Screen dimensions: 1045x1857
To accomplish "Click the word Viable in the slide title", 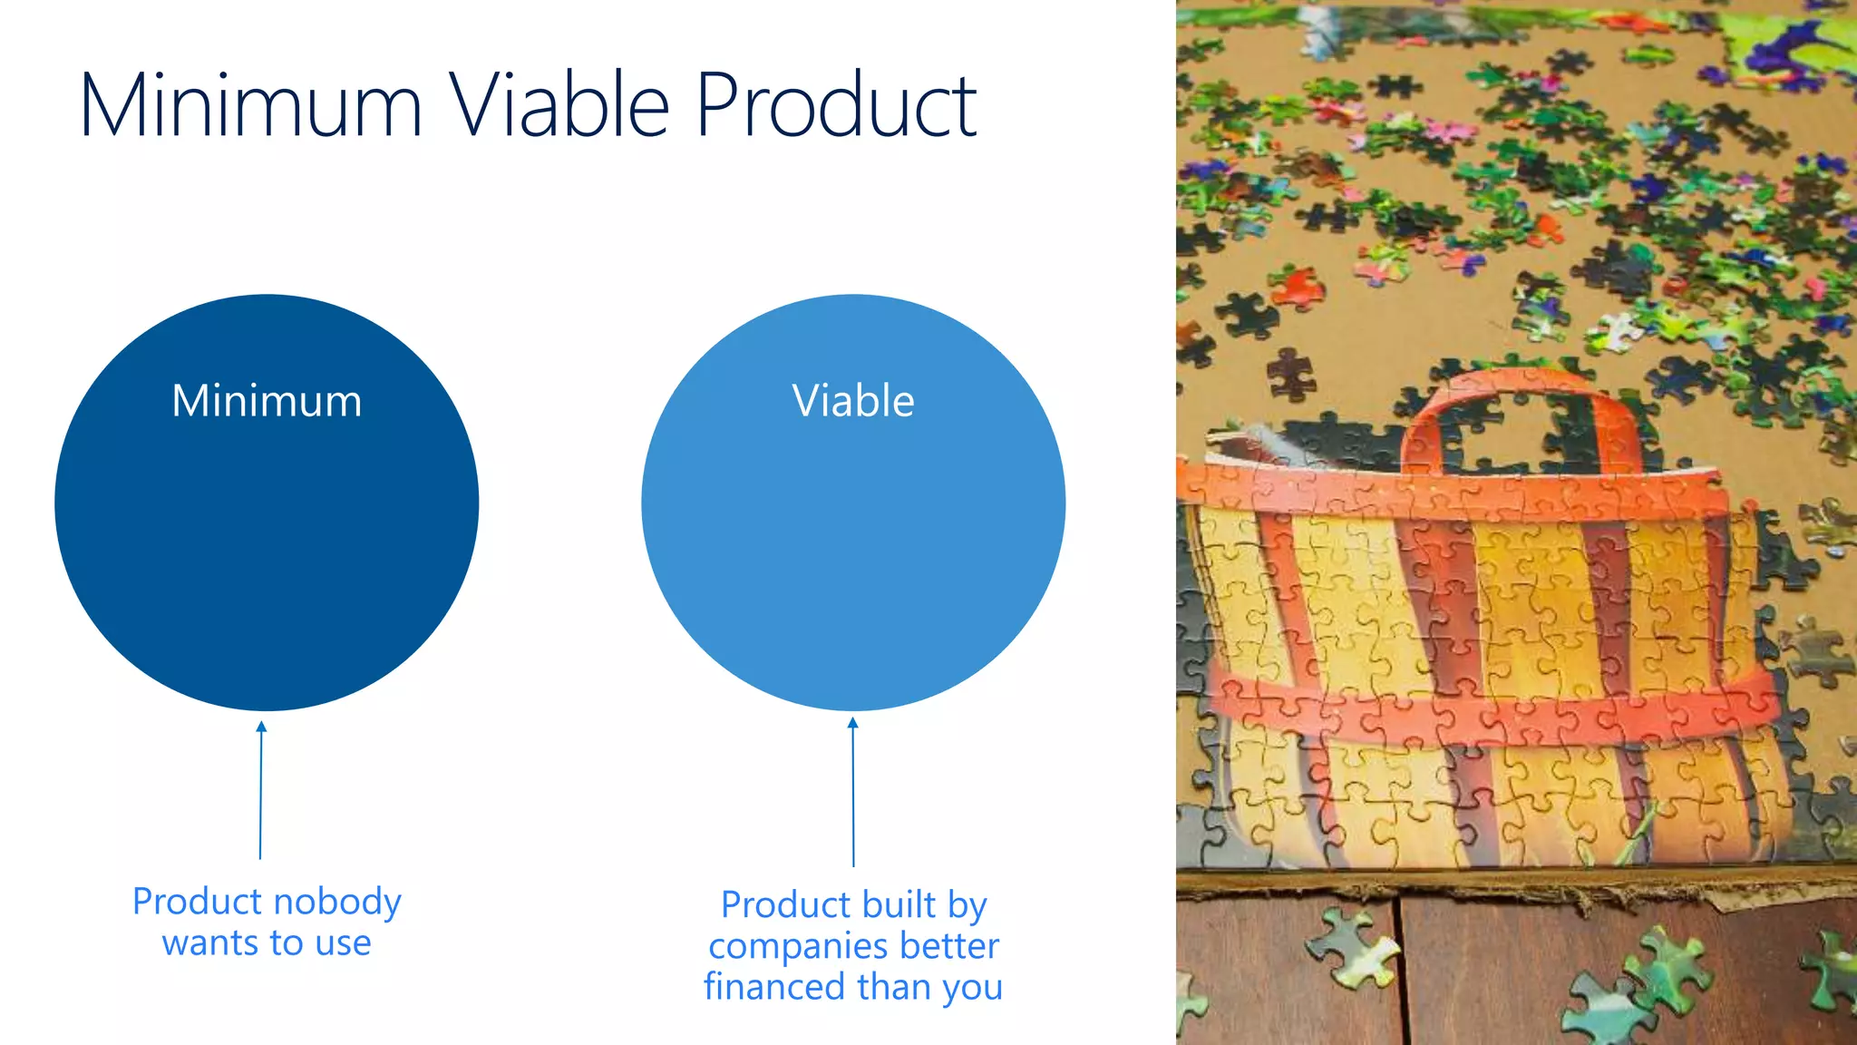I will pyautogui.click(x=559, y=106).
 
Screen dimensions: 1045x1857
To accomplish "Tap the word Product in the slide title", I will pyautogui.click(x=836, y=106).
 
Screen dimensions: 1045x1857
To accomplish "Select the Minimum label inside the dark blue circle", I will pyautogui.click(x=267, y=401).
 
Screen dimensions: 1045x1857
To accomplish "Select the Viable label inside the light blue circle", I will pyautogui.click(x=853, y=401).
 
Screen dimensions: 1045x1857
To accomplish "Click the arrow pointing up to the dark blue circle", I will pyautogui.click(x=261, y=789).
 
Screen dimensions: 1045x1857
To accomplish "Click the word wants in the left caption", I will pyautogui.click(x=209, y=943).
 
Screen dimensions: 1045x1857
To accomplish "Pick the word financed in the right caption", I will pyautogui.click(x=773, y=987).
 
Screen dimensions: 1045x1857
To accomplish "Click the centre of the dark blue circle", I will pyautogui.click(x=267, y=503).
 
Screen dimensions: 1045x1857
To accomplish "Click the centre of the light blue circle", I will pyautogui.click(x=853, y=503).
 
